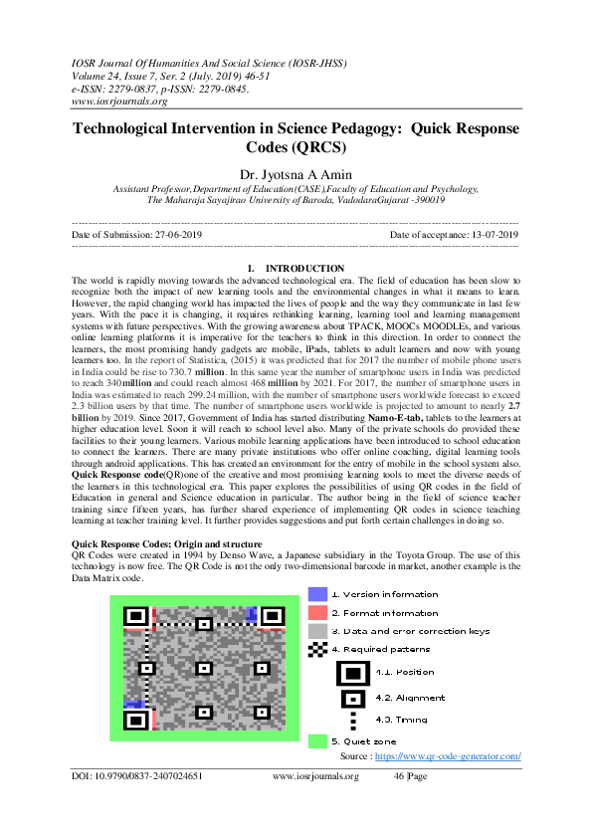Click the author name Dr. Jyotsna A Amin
(296, 175)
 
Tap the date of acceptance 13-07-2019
(493, 234)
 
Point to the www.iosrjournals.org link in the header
(118, 101)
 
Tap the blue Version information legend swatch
(317, 594)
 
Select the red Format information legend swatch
(317, 613)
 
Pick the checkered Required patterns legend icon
(317, 649)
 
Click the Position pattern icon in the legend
(352, 672)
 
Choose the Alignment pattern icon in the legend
(352, 698)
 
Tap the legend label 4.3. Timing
(402, 720)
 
